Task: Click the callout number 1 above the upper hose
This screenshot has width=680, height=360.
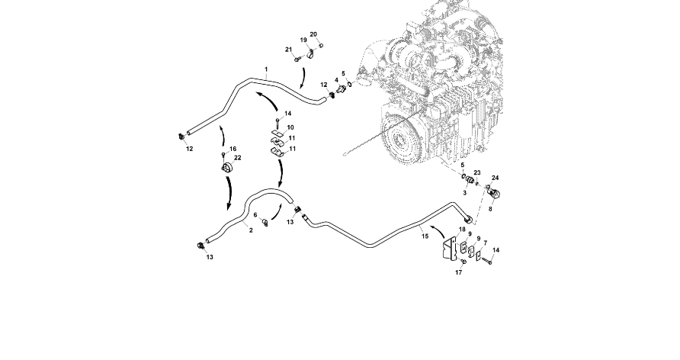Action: pyautogui.click(x=266, y=69)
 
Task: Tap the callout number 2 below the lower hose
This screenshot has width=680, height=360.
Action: pyautogui.click(x=251, y=230)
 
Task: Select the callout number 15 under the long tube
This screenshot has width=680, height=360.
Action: pyautogui.click(x=425, y=236)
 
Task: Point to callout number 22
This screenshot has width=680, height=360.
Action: pyautogui.click(x=238, y=157)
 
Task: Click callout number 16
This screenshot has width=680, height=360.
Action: pyautogui.click(x=233, y=149)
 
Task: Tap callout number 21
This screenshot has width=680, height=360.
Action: pyautogui.click(x=289, y=50)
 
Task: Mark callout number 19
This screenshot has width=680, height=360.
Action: pyautogui.click(x=303, y=40)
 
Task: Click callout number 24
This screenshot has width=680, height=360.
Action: pyautogui.click(x=495, y=178)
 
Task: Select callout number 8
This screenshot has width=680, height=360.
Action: pyautogui.click(x=490, y=207)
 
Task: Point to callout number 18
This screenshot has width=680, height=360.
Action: pyautogui.click(x=462, y=230)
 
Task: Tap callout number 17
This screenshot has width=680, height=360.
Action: pyautogui.click(x=460, y=272)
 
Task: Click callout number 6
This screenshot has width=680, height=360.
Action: pyautogui.click(x=255, y=215)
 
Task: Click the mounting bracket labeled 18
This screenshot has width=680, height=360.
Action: pyautogui.click(x=451, y=250)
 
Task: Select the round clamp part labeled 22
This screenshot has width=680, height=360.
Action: pyautogui.click(x=226, y=167)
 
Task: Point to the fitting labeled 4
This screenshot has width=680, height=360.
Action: pyautogui.click(x=339, y=91)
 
